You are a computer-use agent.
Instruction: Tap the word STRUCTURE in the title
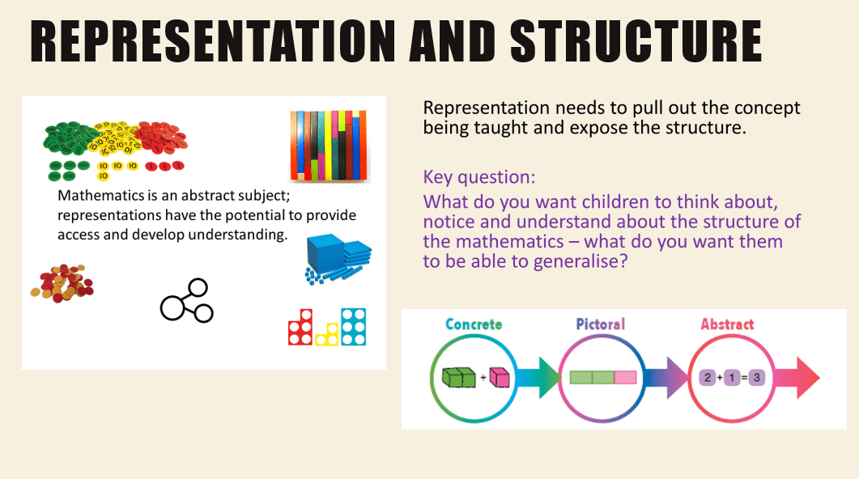coord(636,41)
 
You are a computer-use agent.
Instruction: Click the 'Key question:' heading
coord(478,177)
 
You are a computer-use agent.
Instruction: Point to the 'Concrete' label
coord(474,324)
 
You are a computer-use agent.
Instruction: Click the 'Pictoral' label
coord(601,324)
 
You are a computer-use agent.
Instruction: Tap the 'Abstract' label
coord(727,324)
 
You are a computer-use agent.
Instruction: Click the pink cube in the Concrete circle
coord(499,377)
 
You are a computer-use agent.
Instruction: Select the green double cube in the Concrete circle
coord(458,377)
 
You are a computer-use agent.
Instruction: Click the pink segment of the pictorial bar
coord(625,377)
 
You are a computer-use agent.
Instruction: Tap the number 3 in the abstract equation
coord(756,377)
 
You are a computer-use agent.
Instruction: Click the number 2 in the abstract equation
coord(708,377)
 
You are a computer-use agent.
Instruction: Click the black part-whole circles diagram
coord(186,300)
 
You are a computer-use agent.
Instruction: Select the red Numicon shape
coord(300,328)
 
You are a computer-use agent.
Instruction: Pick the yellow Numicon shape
coord(326,334)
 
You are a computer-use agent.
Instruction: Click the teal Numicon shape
coord(353,327)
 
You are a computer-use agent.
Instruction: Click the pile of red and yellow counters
coord(62,283)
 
